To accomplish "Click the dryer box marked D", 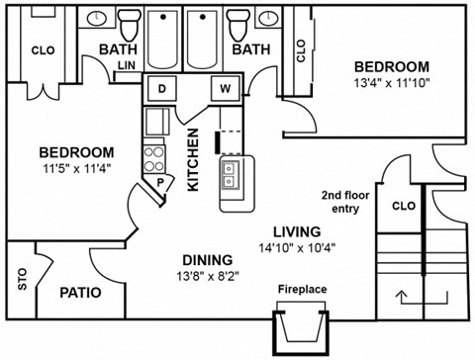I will pyautogui.click(x=162, y=89).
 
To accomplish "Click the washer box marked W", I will pyautogui.click(x=225, y=89).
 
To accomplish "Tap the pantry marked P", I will pyautogui.click(x=158, y=183).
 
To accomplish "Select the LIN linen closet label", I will pyautogui.click(x=127, y=65).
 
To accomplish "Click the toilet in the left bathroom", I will pyautogui.click(x=128, y=21).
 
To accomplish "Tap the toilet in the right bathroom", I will pyautogui.click(x=237, y=21).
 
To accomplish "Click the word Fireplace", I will pyautogui.click(x=303, y=290).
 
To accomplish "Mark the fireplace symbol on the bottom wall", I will pyautogui.click(x=302, y=325).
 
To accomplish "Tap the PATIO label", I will pyautogui.click(x=82, y=293).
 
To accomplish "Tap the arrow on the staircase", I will pyautogui.click(x=404, y=294).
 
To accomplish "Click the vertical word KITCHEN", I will pyautogui.click(x=195, y=160).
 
